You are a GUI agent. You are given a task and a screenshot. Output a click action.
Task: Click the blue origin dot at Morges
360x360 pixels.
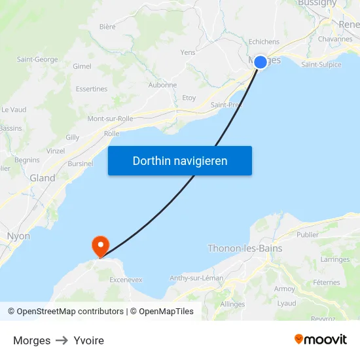[260, 62]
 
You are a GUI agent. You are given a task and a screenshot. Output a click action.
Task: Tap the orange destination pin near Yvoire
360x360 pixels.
[100, 246]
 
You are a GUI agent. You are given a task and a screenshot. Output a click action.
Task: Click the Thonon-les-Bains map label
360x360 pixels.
[245, 248]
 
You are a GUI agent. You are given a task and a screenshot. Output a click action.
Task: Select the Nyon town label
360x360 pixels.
[18, 236]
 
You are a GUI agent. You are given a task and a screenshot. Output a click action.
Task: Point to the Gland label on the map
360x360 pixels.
[43, 178]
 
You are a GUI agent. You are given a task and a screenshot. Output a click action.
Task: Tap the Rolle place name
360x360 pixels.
[112, 134]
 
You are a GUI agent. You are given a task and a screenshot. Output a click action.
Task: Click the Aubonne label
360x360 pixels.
[163, 85]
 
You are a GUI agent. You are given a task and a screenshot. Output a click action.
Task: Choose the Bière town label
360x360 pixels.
[107, 27]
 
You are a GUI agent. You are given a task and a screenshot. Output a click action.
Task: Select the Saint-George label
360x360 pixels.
[37, 60]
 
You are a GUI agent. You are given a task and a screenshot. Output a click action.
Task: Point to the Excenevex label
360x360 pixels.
[126, 279]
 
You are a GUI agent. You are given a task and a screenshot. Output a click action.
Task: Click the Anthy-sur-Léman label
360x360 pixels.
[196, 278]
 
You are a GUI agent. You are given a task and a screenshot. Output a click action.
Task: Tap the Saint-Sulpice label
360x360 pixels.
[321, 64]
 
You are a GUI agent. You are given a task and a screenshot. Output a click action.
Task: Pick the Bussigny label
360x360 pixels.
[317, 3]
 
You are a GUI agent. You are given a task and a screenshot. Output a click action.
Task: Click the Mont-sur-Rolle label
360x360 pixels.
[111, 118]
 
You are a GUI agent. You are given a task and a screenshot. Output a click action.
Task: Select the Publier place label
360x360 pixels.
[308, 234]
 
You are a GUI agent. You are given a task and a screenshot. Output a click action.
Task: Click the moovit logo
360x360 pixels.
[321, 340]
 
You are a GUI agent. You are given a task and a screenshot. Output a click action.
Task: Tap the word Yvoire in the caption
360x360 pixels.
[89, 340]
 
